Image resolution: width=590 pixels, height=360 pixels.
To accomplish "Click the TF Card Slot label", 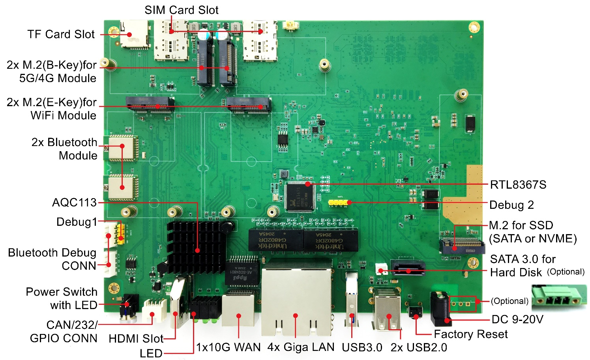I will (x=61, y=34).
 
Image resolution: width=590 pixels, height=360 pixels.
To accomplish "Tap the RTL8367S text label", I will (x=518, y=185).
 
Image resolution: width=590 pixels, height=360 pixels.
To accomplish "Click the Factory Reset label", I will (x=470, y=334).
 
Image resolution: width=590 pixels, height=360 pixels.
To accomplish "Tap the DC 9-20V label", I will (x=517, y=319).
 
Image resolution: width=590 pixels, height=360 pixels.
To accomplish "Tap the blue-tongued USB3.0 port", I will (x=352, y=300).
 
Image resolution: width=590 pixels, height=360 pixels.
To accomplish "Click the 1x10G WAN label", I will (x=229, y=347).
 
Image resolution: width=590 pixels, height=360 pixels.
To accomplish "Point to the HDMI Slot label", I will (x=136, y=339).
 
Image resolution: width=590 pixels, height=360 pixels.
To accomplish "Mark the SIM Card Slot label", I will (x=181, y=10).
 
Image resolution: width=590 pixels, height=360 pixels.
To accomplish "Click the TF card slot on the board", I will (x=134, y=34).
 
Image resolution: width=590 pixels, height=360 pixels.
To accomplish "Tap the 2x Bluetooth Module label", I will (x=64, y=149).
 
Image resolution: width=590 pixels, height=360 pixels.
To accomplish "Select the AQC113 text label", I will (x=74, y=202).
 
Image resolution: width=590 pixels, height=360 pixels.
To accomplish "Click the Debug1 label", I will (x=77, y=222).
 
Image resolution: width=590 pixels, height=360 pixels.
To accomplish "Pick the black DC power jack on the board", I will (x=440, y=308).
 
